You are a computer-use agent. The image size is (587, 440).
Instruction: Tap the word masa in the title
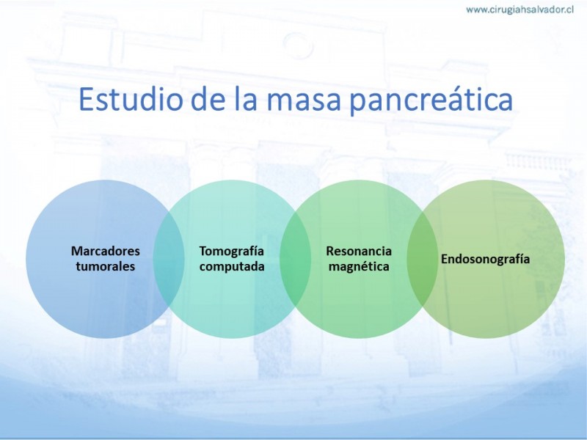tap(303, 100)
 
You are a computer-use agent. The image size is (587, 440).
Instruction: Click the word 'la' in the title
tap(247, 98)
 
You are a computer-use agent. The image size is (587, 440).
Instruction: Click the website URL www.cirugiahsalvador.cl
tap(519, 10)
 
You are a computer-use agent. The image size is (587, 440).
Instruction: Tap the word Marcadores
tap(105, 251)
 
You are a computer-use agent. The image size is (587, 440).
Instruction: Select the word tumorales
tap(105, 266)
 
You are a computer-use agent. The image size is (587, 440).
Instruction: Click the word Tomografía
tap(231, 252)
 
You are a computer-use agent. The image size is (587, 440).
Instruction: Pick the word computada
tap(232, 267)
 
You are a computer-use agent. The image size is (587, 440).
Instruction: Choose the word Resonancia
tap(359, 251)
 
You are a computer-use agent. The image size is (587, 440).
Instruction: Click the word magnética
tap(359, 267)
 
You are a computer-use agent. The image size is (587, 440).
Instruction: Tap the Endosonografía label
tap(485, 259)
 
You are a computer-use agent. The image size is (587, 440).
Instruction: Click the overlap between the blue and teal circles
tap(169, 259)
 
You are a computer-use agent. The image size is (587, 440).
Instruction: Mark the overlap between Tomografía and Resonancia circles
tap(296, 259)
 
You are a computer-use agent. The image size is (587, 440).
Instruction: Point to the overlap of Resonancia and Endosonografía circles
tap(422, 259)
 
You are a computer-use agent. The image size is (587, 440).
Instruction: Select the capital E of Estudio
tap(86, 100)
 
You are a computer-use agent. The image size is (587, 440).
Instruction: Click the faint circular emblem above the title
tap(298, 45)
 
